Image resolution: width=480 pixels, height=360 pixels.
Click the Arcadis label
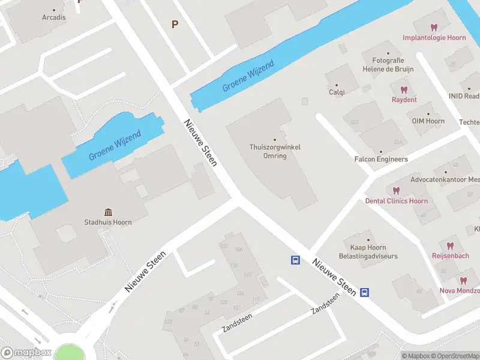tap(54, 17)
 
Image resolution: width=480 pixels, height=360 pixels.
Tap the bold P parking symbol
tap(175, 25)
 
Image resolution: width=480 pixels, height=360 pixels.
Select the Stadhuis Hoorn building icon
tap(108, 212)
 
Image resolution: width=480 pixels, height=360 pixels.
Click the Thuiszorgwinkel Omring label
tap(275, 151)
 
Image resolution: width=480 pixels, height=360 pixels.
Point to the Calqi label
tap(337, 92)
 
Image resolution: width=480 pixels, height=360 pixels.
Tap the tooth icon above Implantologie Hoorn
tap(434, 27)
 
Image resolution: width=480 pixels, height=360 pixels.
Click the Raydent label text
tap(404, 100)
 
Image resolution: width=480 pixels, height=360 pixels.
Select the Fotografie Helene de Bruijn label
tap(388, 65)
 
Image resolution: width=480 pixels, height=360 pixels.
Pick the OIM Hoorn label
tap(428, 121)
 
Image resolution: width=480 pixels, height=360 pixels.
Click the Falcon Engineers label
tap(381, 159)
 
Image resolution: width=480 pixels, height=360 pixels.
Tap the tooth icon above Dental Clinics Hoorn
tap(396, 190)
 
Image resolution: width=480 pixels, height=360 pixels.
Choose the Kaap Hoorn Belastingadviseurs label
tap(368, 252)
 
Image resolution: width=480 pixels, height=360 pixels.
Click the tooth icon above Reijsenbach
tap(450, 245)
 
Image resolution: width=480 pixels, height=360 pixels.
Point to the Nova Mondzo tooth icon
tap(463, 280)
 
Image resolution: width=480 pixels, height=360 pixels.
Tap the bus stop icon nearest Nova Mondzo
tap(364, 292)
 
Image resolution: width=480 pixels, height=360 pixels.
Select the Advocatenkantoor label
tap(445, 179)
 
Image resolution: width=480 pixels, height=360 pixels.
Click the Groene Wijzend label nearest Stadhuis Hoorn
tap(115, 146)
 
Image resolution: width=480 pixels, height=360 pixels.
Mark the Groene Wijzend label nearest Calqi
tap(248, 76)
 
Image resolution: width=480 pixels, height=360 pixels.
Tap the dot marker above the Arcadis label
tap(54, 10)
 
